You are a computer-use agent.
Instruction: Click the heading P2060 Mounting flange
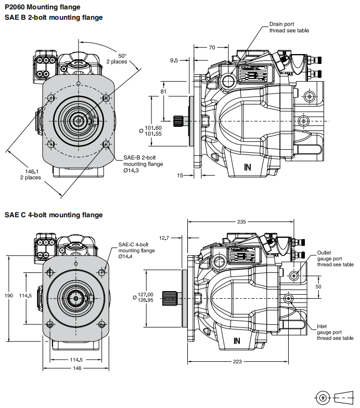point(43,7)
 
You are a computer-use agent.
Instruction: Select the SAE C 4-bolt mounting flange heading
point(54,215)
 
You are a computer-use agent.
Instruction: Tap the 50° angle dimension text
point(122,56)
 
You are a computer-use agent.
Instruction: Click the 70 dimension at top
point(212,47)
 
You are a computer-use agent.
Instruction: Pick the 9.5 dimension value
point(174,60)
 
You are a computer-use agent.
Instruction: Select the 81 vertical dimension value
point(163,92)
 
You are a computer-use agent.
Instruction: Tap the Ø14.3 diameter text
point(131,170)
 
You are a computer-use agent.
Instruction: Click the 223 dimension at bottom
point(237,362)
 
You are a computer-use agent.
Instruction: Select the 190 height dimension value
point(9,296)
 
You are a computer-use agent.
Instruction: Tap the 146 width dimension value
point(76,368)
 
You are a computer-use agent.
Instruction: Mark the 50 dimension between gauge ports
point(319,286)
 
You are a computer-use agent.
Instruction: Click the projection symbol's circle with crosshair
point(324,398)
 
